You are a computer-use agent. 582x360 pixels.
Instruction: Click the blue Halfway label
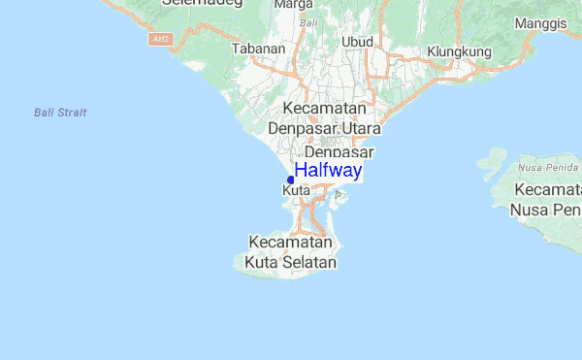click(x=328, y=172)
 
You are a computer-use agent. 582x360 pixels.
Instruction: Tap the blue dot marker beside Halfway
click(x=291, y=180)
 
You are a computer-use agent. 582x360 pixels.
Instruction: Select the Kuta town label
click(x=296, y=191)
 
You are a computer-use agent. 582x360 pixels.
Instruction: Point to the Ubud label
click(x=357, y=42)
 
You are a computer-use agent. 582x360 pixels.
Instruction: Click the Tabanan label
click(x=259, y=48)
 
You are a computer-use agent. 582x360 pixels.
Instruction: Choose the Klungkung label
click(x=460, y=51)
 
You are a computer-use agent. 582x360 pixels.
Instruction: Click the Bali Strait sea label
click(x=60, y=114)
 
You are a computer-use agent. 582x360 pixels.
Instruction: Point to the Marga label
click(x=293, y=5)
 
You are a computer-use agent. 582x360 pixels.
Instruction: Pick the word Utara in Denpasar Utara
click(x=357, y=128)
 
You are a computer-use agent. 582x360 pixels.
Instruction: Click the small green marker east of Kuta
click(x=338, y=195)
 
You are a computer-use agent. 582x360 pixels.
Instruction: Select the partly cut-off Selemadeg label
click(x=194, y=4)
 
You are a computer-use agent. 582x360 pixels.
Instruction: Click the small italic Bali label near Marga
click(x=308, y=21)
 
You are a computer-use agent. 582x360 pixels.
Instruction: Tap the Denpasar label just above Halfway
click(x=339, y=152)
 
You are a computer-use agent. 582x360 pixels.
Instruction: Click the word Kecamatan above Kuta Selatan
click(x=291, y=242)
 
